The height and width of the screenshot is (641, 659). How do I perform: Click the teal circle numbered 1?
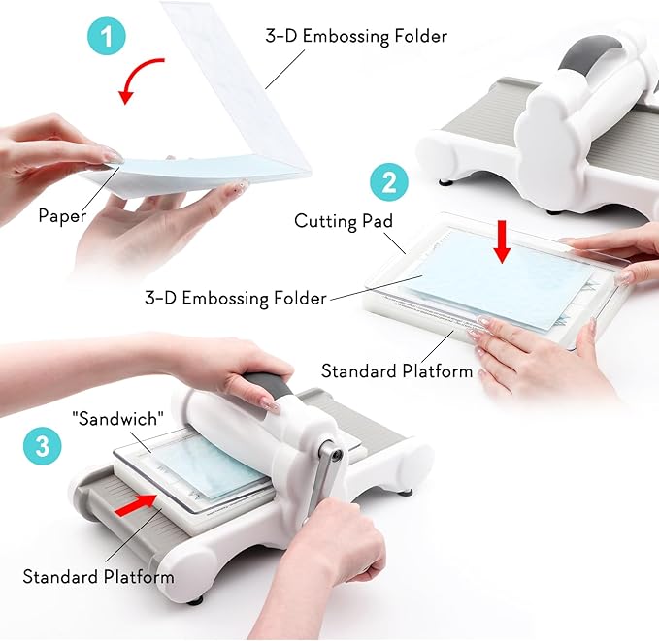(x=107, y=36)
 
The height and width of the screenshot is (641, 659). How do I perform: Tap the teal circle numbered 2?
(x=389, y=182)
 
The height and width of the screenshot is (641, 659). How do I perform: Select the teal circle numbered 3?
(x=42, y=446)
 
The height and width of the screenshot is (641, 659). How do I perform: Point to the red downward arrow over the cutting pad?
(x=502, y=241)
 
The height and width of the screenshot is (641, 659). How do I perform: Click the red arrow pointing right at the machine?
(x=135, y=504)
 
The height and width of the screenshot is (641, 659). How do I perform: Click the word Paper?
(x=62, y=216)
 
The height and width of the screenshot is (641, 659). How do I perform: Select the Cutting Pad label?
(x=344, y=221)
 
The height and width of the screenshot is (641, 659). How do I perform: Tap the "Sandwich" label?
(x=117, y=419)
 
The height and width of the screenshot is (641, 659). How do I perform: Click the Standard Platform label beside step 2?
(x=397, y=370)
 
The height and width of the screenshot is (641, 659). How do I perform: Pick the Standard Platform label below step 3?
(x=98, y=576)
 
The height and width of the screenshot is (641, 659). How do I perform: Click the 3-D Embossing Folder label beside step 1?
(x=356, y=36)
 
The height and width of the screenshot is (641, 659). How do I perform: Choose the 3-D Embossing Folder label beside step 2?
(x=235, y=298)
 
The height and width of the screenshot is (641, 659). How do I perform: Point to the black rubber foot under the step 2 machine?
(x=446, y=182)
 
